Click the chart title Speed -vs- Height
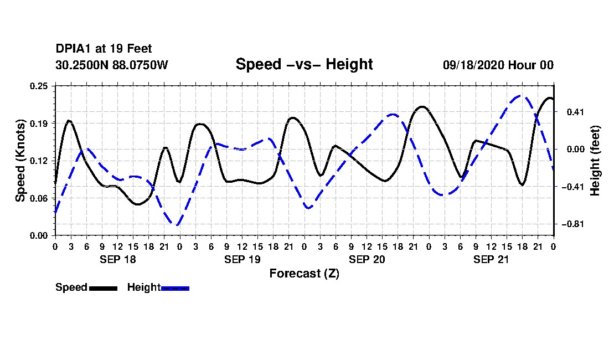tap(304, 64)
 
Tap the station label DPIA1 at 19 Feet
tap(104, 49)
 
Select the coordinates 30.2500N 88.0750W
tap(112, 65)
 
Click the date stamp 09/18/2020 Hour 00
tap(498, 65)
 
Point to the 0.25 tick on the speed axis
tap(39, 86)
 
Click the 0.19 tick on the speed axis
tap(39, 124)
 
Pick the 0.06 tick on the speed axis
tap(39, 198)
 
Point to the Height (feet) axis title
tap(595, 161)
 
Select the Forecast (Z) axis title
tap(304, 274)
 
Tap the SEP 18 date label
tap(118, 259)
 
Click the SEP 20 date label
tap(367, 259)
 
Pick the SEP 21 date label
tap(491, 259)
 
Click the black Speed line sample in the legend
tap(103, 288)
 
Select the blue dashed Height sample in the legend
tap(175, 288)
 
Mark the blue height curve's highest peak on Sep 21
tap(520, 95)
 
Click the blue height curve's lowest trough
tap(178, 224)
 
